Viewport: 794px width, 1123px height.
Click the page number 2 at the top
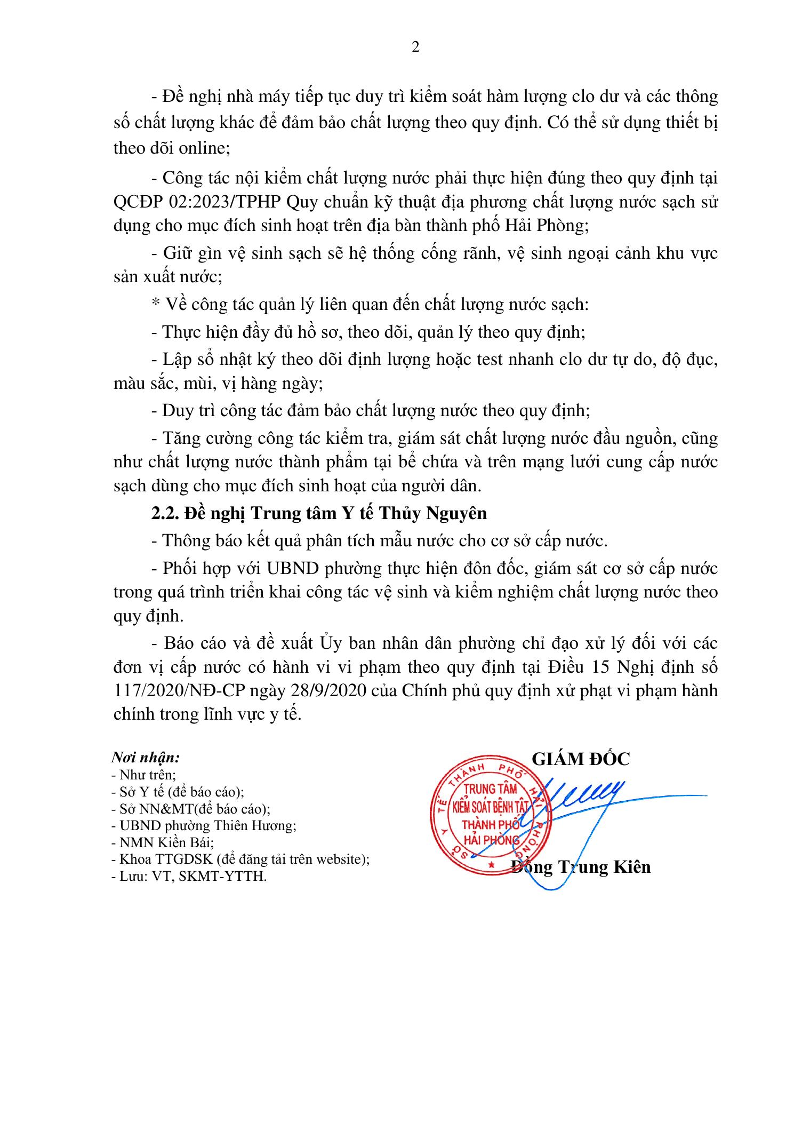pyautogui.click(x=416, y=47)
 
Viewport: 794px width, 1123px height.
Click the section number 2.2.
pyautogui.click(x=165, y=513)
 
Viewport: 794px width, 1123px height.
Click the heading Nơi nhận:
pyautogui.click(x=145, y=758)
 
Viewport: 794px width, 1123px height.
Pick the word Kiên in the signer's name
pyautogui.click(x=632, y=867)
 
